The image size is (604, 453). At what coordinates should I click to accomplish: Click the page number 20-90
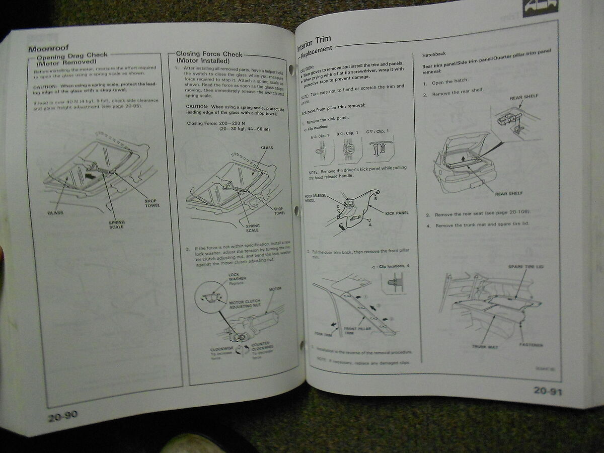pos(63,416)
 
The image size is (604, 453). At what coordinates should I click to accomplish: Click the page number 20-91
pos(548,391)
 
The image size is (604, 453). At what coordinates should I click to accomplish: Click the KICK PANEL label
pos(397,213)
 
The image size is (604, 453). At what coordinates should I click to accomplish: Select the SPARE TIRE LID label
pos(525,266)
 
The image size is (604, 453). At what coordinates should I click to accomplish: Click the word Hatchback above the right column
pos(434,54)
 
